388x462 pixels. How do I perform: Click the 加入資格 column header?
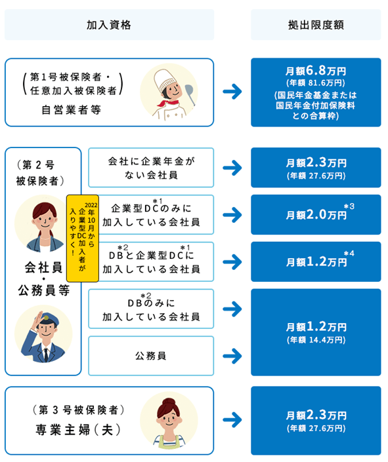(x=109, y=25)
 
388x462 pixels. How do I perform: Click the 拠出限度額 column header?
(x=315, y=25)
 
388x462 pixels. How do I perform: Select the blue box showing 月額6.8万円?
(x=315, y=92)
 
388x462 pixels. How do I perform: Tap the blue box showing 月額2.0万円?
(x=315, y=214)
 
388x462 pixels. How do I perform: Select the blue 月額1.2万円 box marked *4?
(x=315, y=261)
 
